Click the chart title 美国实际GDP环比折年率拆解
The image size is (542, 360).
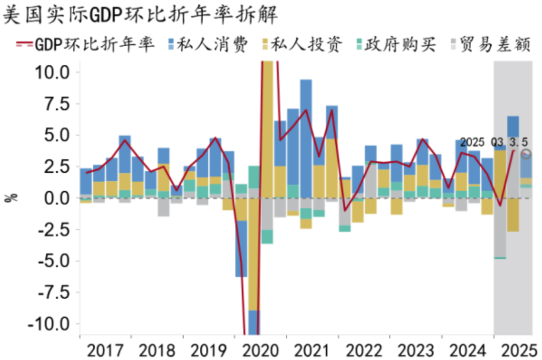(x=141, y=15)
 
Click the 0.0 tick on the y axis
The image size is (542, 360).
(x=58, y=198)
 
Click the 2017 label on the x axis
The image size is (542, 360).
(x=106, y=349)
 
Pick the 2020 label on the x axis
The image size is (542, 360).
(x=261, y=349)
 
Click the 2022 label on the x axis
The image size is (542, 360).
(x=364, y=349)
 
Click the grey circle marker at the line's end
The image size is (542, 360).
(x=526, y=154)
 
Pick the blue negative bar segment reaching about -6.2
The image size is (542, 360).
(x=241, y=248)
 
